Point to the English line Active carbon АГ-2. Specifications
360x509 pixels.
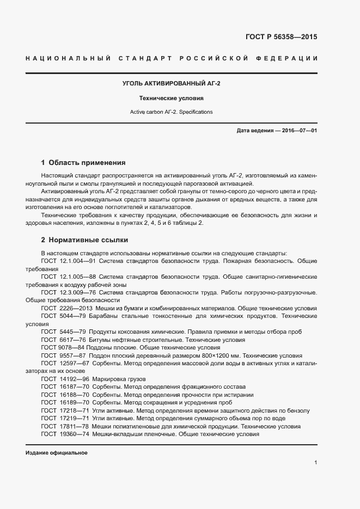click(172, 112)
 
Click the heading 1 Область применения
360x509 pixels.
click(83, 162)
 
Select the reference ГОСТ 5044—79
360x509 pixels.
click(59, 316)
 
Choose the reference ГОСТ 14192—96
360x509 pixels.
click(60, 379)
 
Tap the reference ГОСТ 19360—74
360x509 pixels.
click(60, 434)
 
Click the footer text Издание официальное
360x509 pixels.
click(57, 453)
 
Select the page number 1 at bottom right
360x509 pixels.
click(316, 463)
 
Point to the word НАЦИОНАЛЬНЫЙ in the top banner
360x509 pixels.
click(69, 58)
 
